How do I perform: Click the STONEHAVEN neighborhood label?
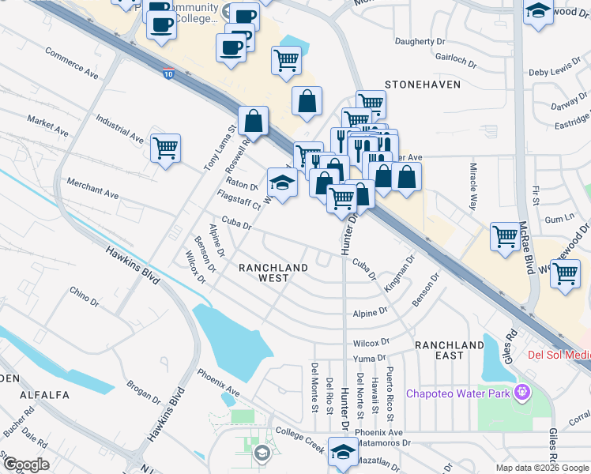click(422, 82)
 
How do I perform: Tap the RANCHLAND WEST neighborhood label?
click(273, 273)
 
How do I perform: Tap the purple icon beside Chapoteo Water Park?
click(521, 392)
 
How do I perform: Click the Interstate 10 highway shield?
click(169, 73)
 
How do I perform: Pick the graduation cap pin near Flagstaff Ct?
click(282, 182)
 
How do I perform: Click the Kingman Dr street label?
click(399, 271)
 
